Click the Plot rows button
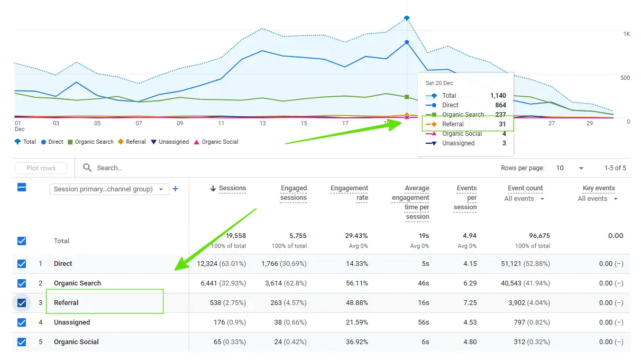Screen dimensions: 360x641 (x=41, y=168)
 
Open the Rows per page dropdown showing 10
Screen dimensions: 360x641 (x=570, y=168)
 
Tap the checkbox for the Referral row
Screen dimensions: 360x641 (x=22, y=303)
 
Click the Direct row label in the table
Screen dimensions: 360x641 (x=63, y=264)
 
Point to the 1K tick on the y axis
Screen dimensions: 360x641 (x=626, y=34)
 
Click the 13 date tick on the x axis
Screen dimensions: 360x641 (x=262, y=123)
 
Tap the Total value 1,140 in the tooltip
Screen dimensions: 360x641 (x=498, y=96)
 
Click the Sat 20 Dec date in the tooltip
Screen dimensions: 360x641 (x=439, y=84)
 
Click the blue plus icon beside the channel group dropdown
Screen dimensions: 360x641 (x=176, y=189)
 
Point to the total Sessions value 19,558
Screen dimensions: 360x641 (x=232, y=236)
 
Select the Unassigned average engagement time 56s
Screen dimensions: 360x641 (x=424, y=322)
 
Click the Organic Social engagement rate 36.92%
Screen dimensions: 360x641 (x=354, y=342)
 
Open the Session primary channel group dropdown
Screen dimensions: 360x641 (x=109, y=189)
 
